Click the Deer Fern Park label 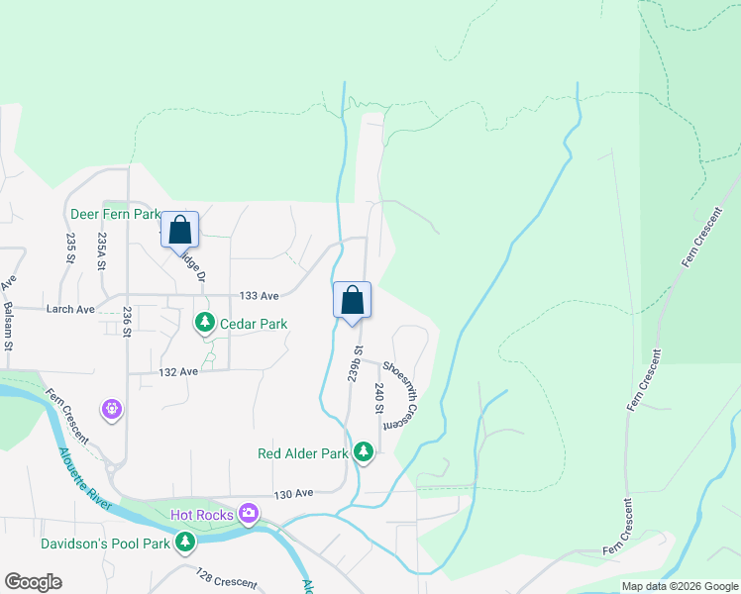coord(115,214)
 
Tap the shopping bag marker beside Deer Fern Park coord(180,230)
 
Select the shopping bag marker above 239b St coord(352,301)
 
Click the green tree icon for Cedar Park coord(205,323)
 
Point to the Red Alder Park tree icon coord(364,453)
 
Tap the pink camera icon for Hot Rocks coord(248,514)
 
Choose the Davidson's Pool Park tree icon coord(185,543)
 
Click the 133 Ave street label coord(260,296)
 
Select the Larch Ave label coord(70,310)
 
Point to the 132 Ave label coord(179,371)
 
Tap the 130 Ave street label coord(293,493)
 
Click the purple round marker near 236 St coord(112,408)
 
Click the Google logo coord(33,582)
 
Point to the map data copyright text coord(679,586)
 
